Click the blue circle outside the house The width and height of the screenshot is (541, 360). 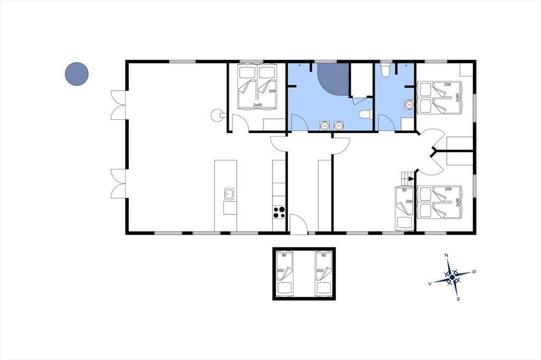(x=77, y=74)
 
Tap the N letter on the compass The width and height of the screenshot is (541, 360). (x=446, y=255)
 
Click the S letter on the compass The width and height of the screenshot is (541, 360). (x=458, y=299)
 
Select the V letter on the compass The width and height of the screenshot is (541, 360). (x=430, y=283)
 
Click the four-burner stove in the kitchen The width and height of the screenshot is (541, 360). (x=279, y=212)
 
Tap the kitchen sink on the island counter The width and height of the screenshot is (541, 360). (x=229, y=194)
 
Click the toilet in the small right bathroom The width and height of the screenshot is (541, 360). (x=385, y=69)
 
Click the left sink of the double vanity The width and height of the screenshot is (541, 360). (x=324, y=126)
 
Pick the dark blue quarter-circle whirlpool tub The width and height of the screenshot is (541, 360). (x=333, y=79)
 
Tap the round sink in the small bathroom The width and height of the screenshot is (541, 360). (x=409, y=105)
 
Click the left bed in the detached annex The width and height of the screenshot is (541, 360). (x=285, y=274)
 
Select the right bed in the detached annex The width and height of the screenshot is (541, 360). (x=324, y=274)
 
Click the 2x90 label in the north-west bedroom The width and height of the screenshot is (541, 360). (x=257, y=105)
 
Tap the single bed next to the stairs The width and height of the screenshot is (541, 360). (x=405, y=208)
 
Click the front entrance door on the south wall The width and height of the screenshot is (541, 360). (x=299, y=224)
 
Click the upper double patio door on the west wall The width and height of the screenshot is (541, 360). (x=118, y=105)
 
